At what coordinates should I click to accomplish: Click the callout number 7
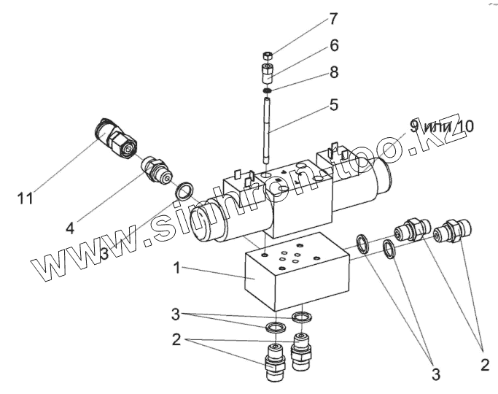(333, 18)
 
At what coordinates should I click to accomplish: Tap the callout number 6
(334, 45)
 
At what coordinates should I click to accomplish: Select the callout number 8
(334, 72)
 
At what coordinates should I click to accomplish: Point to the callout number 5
(333, 104)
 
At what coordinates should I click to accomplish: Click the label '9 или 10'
(440, 126)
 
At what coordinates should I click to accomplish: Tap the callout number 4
(70, 228)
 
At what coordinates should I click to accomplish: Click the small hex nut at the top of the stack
(268, 55)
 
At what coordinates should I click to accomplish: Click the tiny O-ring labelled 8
(268, 90)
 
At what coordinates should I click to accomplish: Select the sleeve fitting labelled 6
(268, 73)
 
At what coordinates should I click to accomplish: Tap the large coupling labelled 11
(117, 139)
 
